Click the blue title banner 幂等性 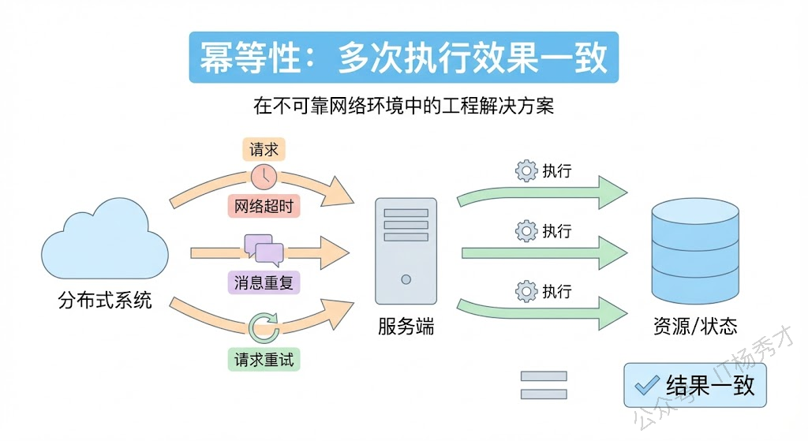tap(403, 57)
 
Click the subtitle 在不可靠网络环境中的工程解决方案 tap(403, 105)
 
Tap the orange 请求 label tap(264, 149)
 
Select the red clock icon tap(264, 176)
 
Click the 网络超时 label tap(264, 206)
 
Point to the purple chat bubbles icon tap(264, 249)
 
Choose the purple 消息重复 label tap(264, 282)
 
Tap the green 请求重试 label tap(264, 360)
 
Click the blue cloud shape tap(105, 239)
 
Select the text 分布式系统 tap(105, 301)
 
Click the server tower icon tap(406, 251)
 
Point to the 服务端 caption tap(406, 326)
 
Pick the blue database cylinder tap(695, 248)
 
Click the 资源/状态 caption tap(695, 326)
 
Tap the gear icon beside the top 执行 tap(526, 171)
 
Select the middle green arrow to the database tap(544, 252)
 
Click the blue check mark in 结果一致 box tap(647, 384)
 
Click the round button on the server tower tap(406, 278)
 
